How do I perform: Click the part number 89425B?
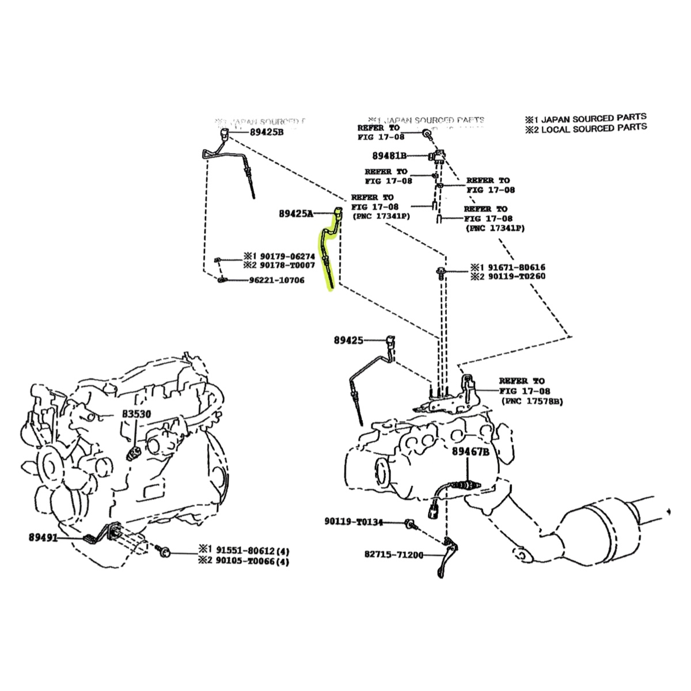(x=267, y=132)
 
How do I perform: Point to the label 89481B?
(x=389, y=155)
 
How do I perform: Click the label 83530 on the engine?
(x=136, y=414)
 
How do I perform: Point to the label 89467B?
(x=470, y=452)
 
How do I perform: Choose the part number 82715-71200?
(x=393, y=555)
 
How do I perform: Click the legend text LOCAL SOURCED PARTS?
(x=592, y=127)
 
